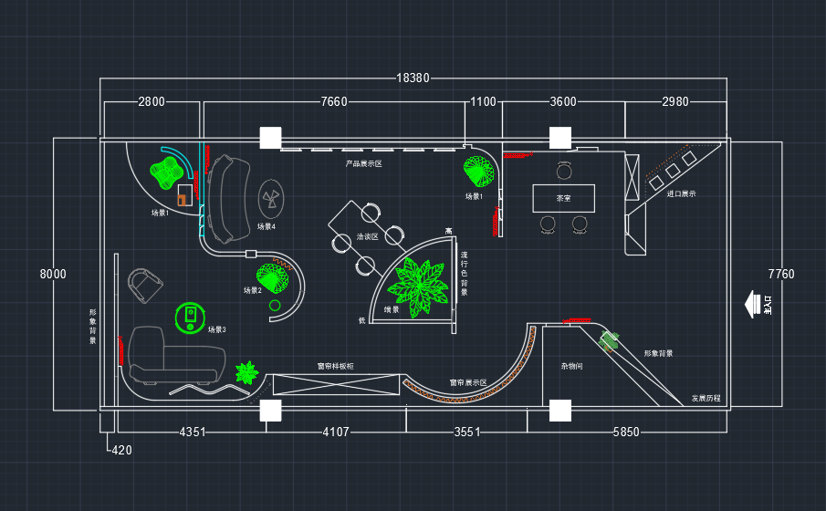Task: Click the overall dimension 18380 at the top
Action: click(413, 78)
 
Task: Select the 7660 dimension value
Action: click(334, 101)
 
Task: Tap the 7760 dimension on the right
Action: click(781, 274)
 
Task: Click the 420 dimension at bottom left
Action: click(120, 449)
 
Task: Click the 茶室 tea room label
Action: click(564, 197)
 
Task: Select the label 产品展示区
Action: click(363, 164)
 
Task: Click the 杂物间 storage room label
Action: click(572, 366)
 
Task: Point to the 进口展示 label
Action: click(682, 193)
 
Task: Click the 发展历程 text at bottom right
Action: click(706, 398)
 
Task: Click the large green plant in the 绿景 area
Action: click(420, 286)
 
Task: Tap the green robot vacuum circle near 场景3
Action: click(190, 316)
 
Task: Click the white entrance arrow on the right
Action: click(754, 303)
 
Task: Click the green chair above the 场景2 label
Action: click(274, 276)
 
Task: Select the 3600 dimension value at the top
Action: click(563, 101)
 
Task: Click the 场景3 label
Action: click(216, 329)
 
